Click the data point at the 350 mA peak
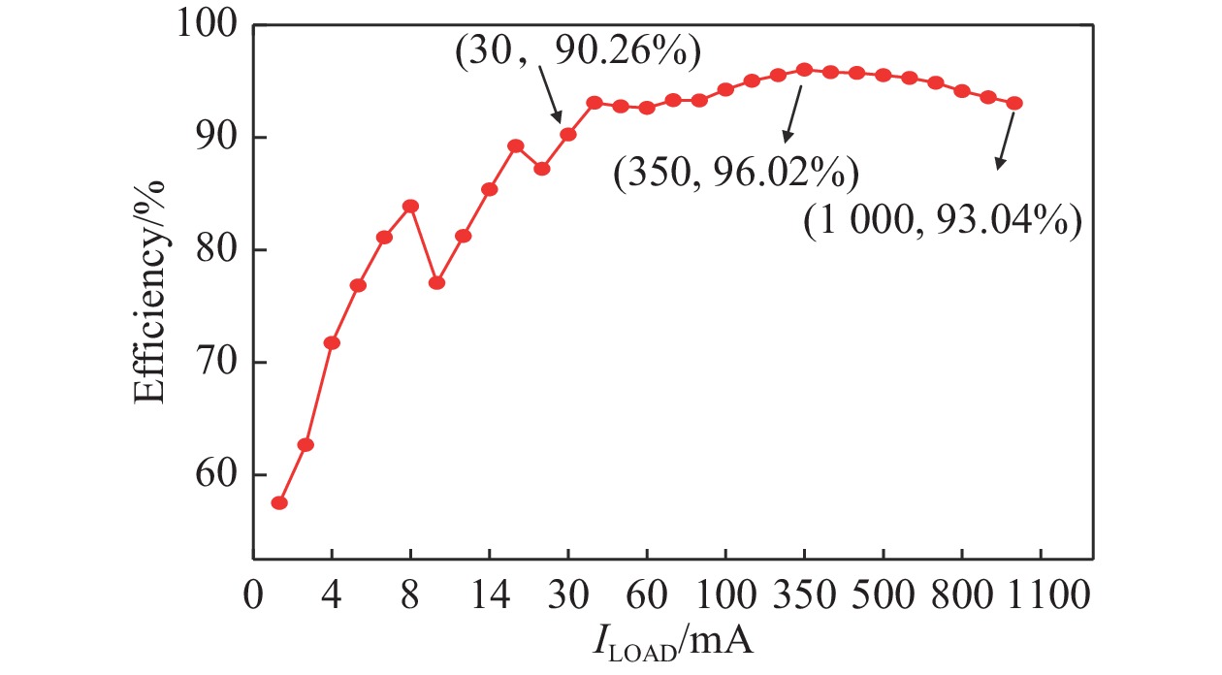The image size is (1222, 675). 804,70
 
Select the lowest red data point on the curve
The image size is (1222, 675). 279,502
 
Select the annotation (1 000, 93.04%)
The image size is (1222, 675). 942,224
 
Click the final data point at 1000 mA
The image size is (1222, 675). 1014,103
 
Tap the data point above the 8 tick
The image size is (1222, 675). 410,206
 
